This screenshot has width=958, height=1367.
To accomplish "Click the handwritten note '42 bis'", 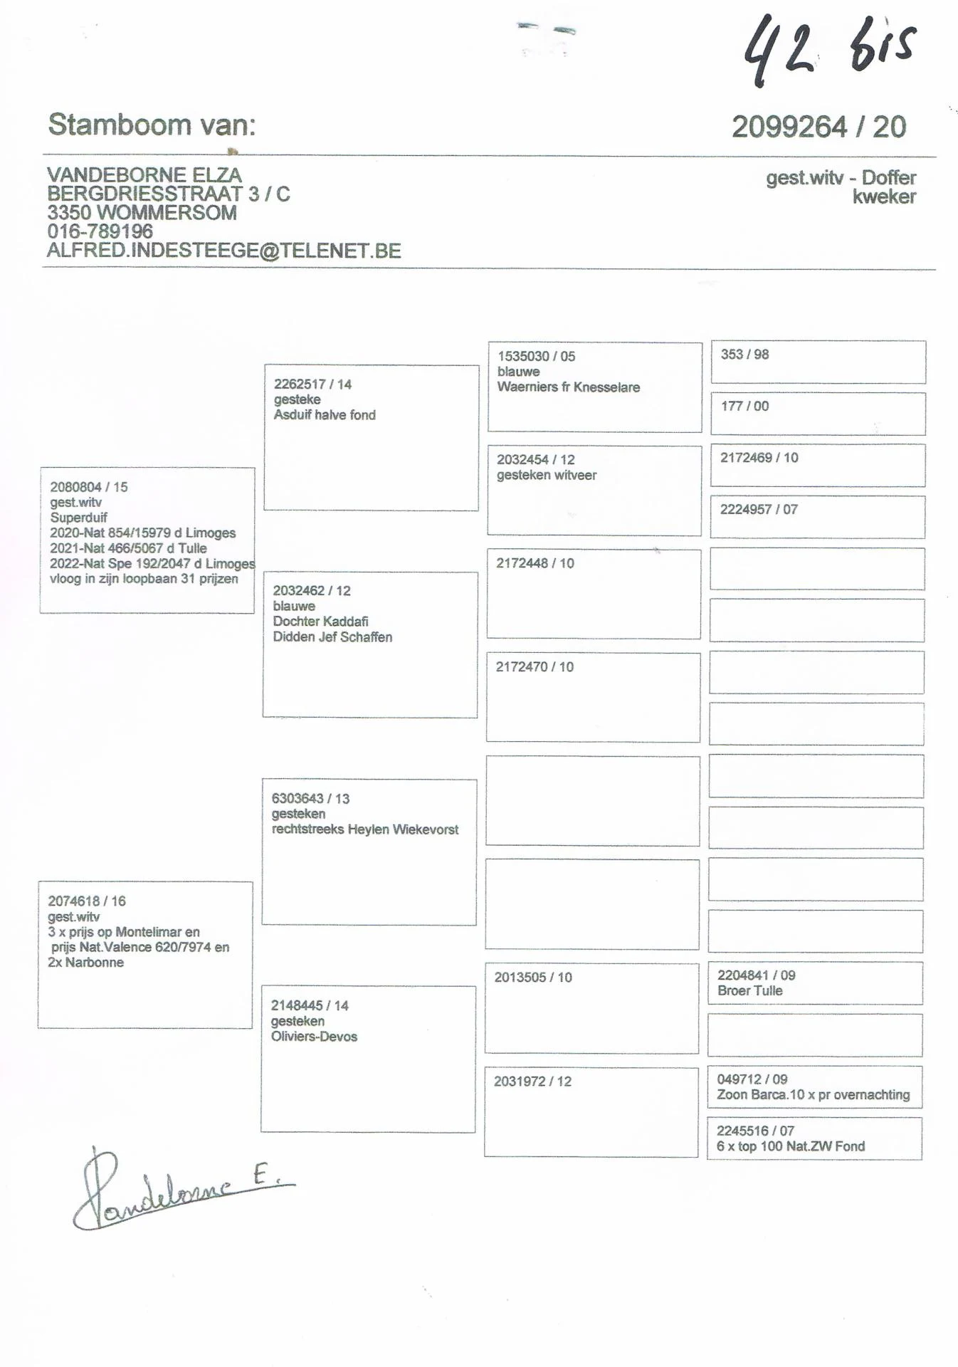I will tap(829, 48).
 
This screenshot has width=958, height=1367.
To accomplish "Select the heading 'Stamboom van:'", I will tap(152, 125).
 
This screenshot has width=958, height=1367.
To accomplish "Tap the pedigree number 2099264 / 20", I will tap(818, 127).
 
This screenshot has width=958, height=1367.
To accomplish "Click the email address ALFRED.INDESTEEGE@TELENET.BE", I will tap(224, 251).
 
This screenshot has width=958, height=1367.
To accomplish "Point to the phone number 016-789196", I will tap(100, 231).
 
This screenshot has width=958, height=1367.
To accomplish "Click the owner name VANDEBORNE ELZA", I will tap(144, 175).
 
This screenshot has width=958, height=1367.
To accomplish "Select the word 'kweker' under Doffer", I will tap(884, 197).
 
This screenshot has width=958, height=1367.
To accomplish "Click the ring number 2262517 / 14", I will tap(312, 384).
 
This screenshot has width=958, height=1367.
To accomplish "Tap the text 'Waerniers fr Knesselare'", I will tap(568, 387).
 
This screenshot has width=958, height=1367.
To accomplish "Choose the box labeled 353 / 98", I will tap(818, 362).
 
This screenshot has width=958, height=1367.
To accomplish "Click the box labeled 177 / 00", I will tap(818, 414).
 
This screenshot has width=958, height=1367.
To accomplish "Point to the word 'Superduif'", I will tap(78, 518).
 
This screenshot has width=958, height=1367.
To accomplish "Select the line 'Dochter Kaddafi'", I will tap(320, 622).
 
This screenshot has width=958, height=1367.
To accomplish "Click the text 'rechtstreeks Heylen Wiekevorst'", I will tap(364, 829).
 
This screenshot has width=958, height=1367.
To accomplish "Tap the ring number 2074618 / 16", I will tap(87, 901).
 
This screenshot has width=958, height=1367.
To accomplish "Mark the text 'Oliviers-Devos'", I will tap(314, 1037).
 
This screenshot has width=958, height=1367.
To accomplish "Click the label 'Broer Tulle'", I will tap(749, 991).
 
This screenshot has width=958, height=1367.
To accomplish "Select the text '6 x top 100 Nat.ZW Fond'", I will tap(790, 1146).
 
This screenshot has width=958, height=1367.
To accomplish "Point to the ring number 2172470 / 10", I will tap(535, 667).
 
